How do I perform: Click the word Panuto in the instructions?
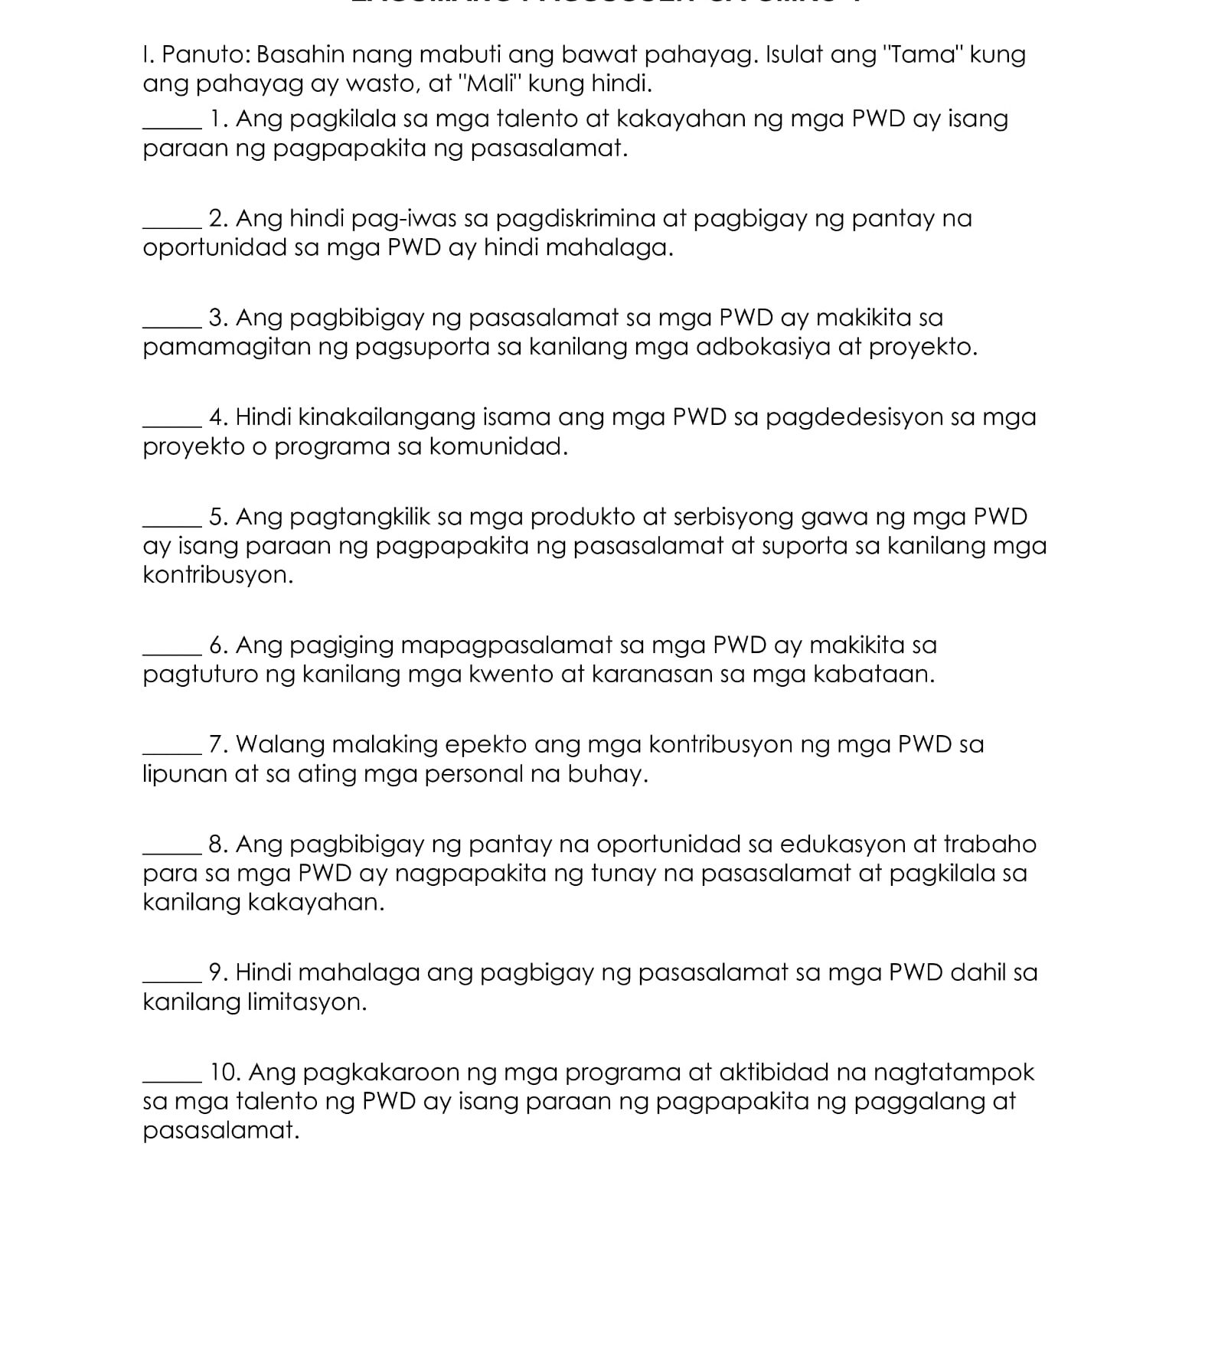click(204, 55)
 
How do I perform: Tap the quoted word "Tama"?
click(923, 55)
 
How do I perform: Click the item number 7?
click(218, 745)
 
